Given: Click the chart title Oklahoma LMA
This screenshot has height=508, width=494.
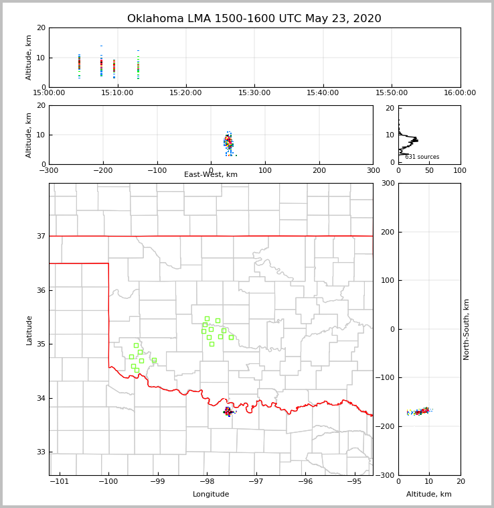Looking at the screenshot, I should point(254,19).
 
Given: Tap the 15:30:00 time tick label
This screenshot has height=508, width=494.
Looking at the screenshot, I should point(254,92).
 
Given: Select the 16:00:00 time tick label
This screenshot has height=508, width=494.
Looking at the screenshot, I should point(460,92).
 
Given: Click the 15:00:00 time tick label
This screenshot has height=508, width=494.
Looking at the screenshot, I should point(49,92).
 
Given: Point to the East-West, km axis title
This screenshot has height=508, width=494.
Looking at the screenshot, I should point(211,175).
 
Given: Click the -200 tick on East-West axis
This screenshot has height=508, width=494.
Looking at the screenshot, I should point(102,170).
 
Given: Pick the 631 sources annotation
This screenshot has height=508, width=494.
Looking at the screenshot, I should point(422,157).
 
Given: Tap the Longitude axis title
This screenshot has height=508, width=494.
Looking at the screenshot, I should point(211,495).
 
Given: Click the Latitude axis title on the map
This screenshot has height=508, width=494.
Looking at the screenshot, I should point(29,330).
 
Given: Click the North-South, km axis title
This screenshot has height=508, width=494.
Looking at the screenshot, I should point(467,329).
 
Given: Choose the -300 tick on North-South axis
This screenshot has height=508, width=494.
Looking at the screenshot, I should point(387,475).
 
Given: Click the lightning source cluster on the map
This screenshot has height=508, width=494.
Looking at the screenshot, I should point(228,411).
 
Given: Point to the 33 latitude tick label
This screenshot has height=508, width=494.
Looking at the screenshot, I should point(40,452).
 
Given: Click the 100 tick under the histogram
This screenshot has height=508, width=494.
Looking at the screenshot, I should point(460,170).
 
